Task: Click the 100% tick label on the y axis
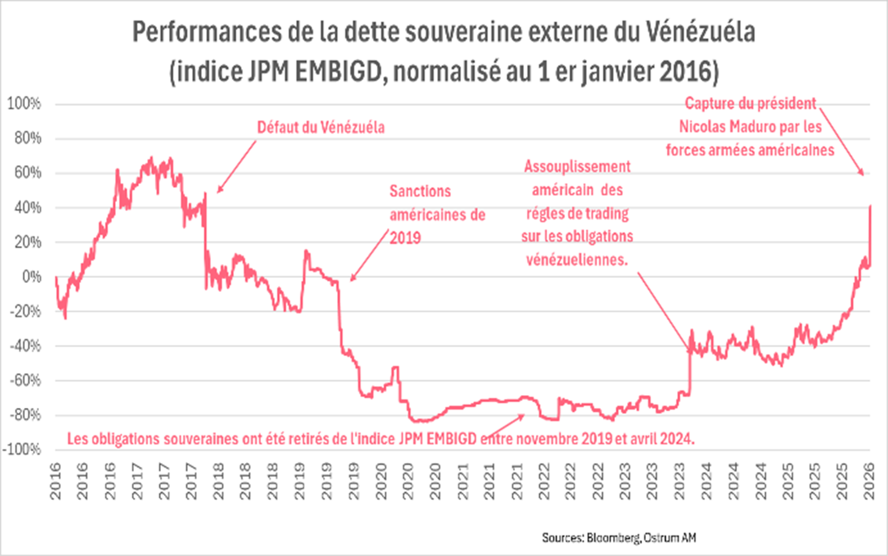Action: coord(24,104)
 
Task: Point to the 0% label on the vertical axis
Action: coord(32,277)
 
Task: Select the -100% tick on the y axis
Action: coord(22,449)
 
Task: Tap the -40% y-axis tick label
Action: coord(26,346)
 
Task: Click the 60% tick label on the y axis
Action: coord(28,173)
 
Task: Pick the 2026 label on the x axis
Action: coord(869,481)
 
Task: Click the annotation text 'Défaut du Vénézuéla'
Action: coord(321,127)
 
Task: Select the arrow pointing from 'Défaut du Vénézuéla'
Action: coord(236,166)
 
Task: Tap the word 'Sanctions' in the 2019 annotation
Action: coord(420,191)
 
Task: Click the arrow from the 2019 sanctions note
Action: coord(369,255)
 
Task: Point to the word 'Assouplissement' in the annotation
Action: coord(577,166)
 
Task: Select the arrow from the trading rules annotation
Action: coord(664,312)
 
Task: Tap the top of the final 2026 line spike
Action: coord(870,206)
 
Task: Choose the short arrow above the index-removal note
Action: coord(504,426)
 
